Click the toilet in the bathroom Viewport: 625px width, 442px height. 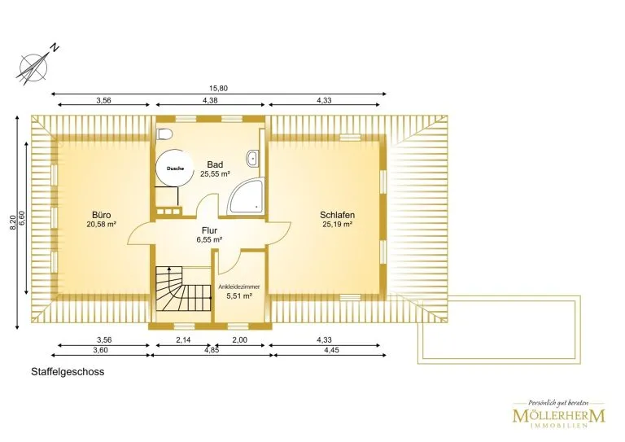[164, 134]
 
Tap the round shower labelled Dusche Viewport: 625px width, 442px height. [172, 168]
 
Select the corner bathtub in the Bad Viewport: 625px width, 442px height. [246, 196]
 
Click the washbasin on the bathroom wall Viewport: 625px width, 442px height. [252, 158]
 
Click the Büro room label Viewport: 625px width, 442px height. [101, 215]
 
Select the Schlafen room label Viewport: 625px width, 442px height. [337, 215]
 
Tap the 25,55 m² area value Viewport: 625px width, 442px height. [215, 173]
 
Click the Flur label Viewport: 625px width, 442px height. [209, 230]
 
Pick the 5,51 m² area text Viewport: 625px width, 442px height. [239, 296]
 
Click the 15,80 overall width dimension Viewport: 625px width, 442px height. [218, 88]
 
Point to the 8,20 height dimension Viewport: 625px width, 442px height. [13, 222]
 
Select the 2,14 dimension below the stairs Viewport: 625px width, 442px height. [183, 339]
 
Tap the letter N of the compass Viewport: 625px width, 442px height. [55, 48]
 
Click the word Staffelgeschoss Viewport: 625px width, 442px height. [68, 372]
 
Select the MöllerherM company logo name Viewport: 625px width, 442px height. [558, 416]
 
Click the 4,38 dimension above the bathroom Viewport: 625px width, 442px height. [210, 100]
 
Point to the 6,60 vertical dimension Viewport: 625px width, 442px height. [22, 218]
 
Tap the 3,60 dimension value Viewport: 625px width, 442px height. [100, 350]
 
